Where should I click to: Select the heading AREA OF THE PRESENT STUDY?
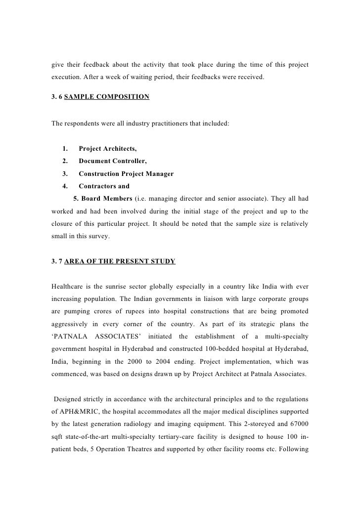pyautogui.click(x=120, y=260)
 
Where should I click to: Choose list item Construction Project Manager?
pyautogui.click(x=126, y=174)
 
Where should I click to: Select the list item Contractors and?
pyautogui.click(x=104, y=186)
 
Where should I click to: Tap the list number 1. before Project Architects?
pyautogui.click(x=65, y=149)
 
